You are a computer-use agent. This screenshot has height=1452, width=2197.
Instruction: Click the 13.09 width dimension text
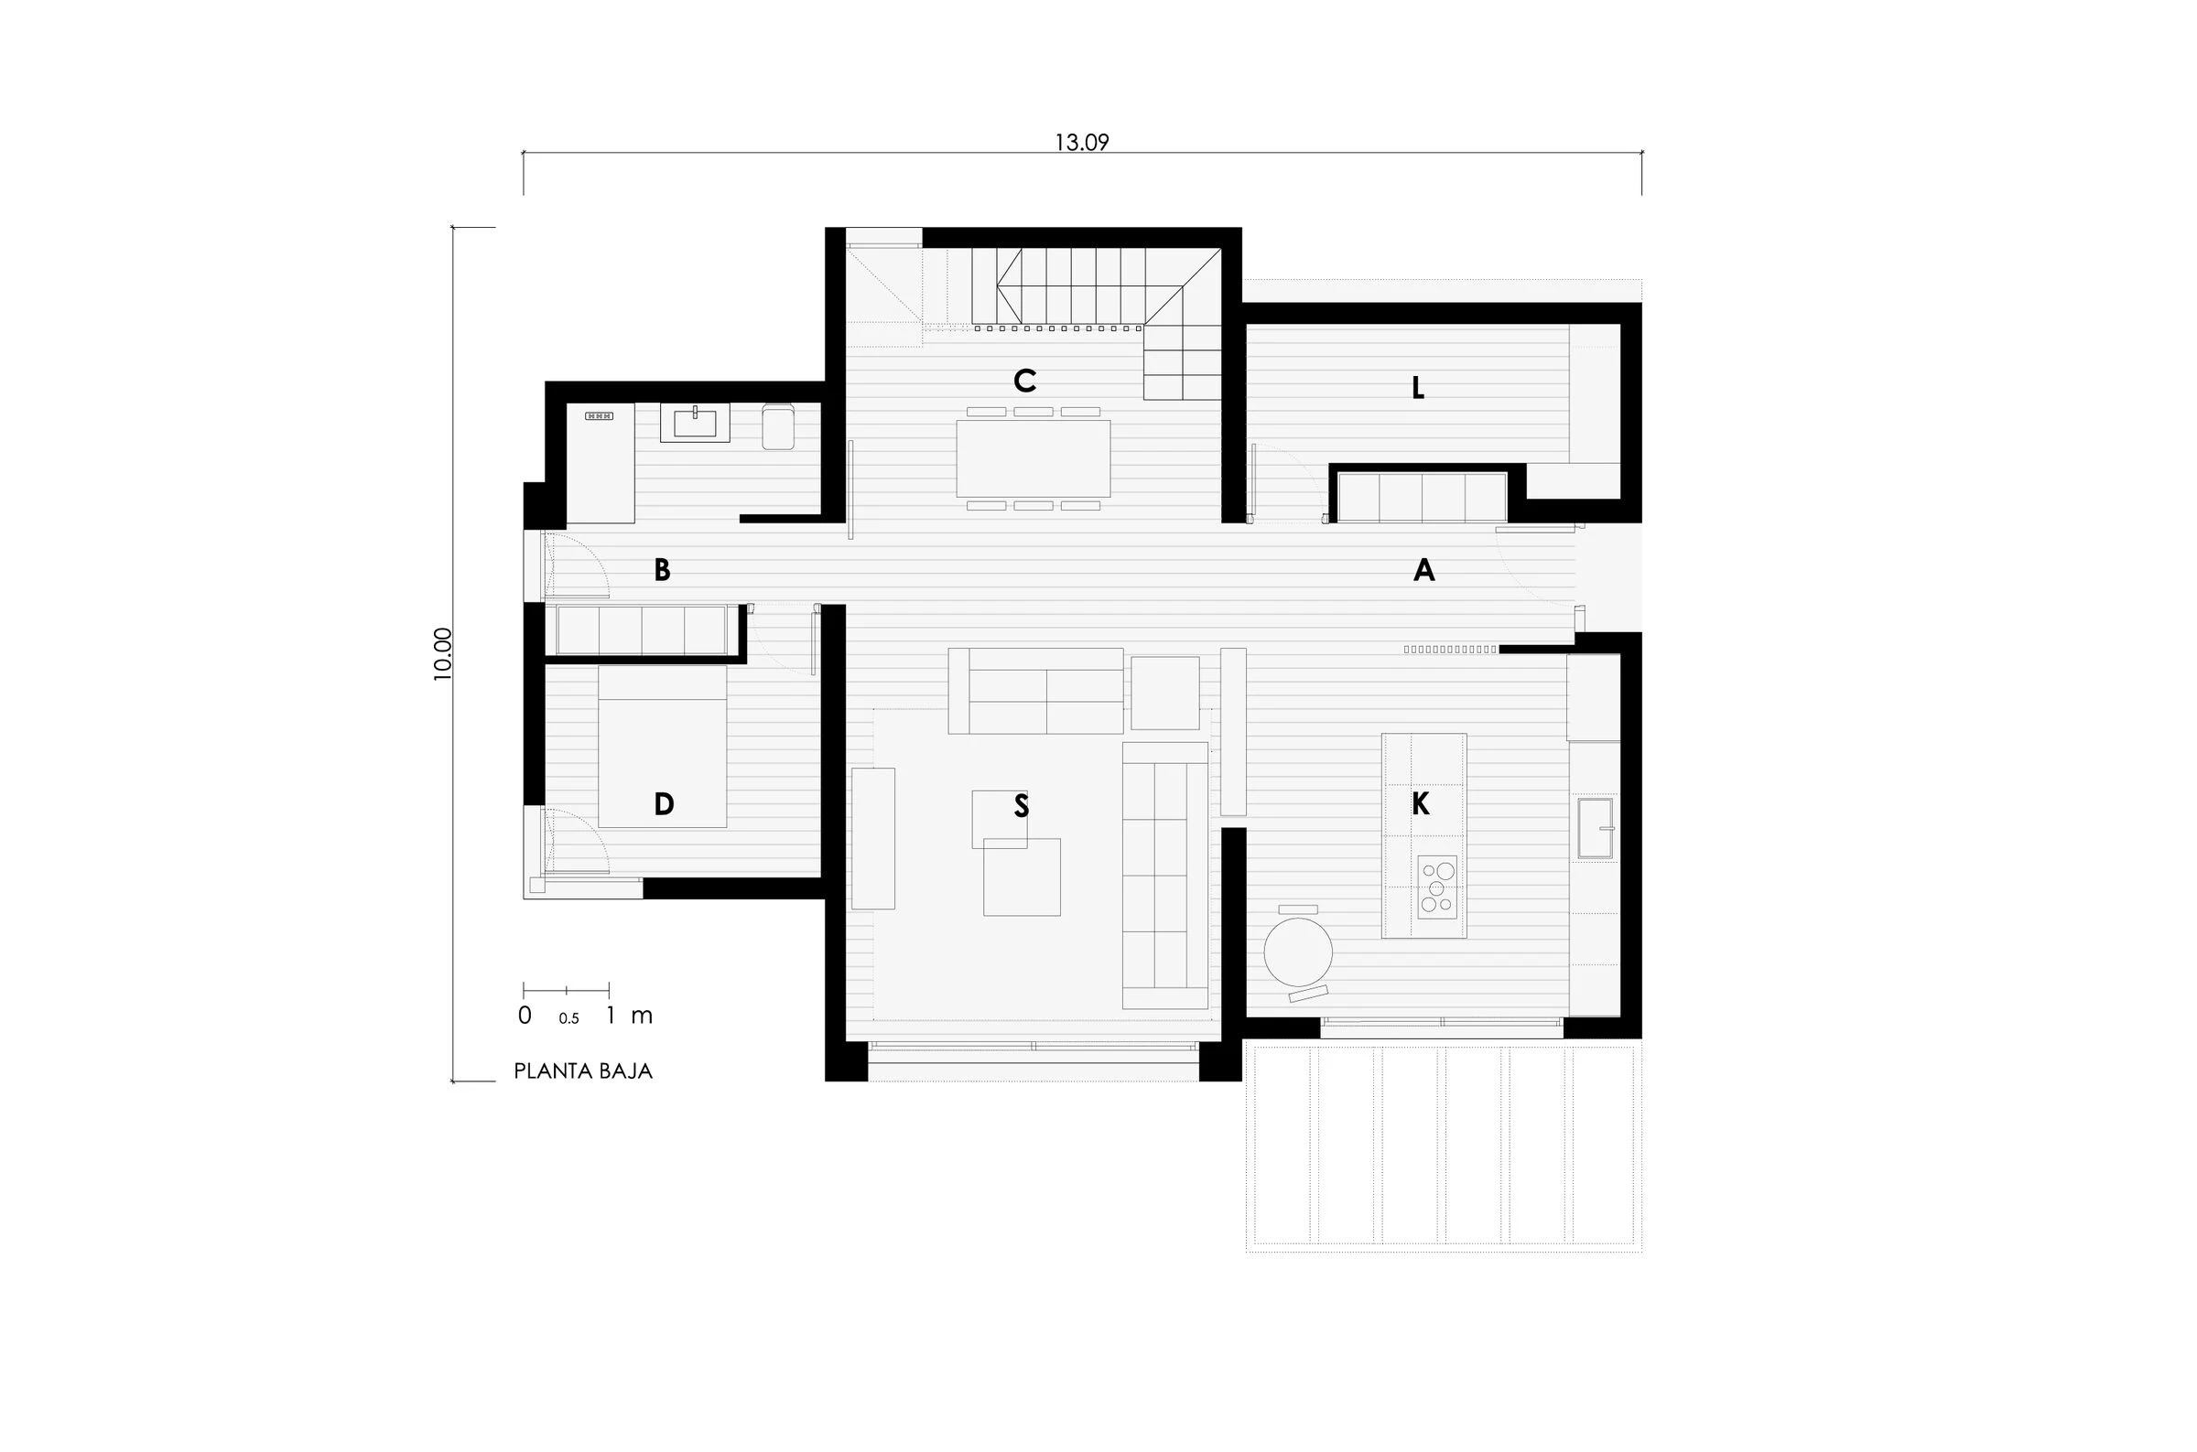pyautogui.click(x=1081, y=143)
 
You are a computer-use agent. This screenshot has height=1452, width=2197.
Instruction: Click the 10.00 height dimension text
pyautogui.click(x=443, y=654)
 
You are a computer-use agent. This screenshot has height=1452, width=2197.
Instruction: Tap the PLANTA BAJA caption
pyautogui.click(x=582, y=1071)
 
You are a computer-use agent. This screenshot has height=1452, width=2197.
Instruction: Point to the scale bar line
pyautogui.click(x=566, y=991)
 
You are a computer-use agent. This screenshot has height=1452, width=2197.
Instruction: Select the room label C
pyautogui.click(x=1023, y=381)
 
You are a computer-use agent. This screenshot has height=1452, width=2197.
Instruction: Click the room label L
pyautogui.click(x=1417, y=389)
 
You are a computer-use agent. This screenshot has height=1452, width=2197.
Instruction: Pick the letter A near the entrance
pyautogui.click(x=1423, y=570)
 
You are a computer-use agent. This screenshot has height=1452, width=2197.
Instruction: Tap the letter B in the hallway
pyautogui.click(x=661, y=569)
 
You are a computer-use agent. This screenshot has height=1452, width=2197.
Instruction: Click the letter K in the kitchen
pyautogui.click(x=1420, y=804)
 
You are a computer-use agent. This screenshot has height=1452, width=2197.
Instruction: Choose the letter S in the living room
pyautogui.click(x=1021, y=806)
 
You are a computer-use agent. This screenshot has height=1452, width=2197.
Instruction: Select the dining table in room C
pyautogui.click(x=1033, y=458)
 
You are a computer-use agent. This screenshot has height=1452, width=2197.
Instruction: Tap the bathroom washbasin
pyautogui.click(x=695, y=424)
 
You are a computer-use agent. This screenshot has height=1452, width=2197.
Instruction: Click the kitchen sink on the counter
pyautogui.click(x=1595, y=828)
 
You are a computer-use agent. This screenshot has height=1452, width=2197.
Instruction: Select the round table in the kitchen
pyautogui.click(x=1298, y=952)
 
